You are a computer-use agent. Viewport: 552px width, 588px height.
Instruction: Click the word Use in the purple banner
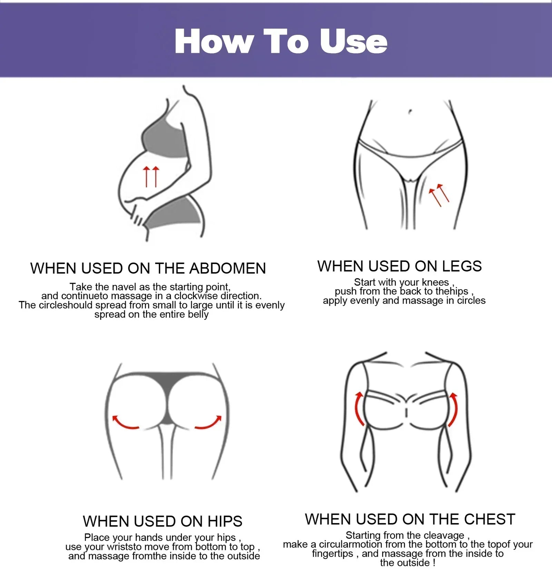coord(354,41)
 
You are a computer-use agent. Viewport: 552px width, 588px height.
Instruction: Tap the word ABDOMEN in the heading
coord(228,268)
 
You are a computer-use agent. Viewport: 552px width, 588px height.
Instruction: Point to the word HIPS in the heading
coord(225,521)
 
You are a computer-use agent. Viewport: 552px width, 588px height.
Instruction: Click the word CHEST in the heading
coord(490,519)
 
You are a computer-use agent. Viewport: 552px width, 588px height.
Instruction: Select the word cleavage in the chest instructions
coord(444,535)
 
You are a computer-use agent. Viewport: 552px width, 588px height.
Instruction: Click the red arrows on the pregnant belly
coord(151,176)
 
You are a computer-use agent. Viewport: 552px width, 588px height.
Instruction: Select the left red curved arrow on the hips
coord(125,423)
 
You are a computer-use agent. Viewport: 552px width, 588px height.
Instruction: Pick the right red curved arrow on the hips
coord(208,423)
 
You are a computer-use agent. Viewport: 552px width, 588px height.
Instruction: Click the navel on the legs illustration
coord(410,111)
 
